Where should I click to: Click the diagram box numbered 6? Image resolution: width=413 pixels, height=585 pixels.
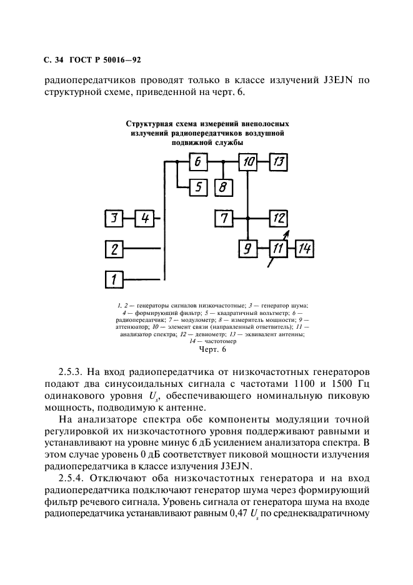click(197, 162)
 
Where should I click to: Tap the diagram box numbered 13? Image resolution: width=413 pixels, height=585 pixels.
click(279, 162)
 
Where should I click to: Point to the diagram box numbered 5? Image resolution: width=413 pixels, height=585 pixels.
click(197, 186)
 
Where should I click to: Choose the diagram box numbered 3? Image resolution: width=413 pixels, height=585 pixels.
click(114, 219)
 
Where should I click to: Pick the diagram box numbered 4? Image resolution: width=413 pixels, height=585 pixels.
click(144, 219)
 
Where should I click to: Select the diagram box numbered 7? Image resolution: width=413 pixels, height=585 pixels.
click(223, 219)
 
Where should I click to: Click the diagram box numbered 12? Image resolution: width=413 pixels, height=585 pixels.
click(279, 219)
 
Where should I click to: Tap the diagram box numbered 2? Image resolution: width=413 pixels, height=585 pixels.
click(114, 249)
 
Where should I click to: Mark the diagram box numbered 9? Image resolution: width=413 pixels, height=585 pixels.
click(248, 249)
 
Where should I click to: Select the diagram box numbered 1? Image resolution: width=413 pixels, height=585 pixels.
click(114, 279)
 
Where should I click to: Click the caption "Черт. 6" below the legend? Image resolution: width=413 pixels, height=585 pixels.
click(207, 350)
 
